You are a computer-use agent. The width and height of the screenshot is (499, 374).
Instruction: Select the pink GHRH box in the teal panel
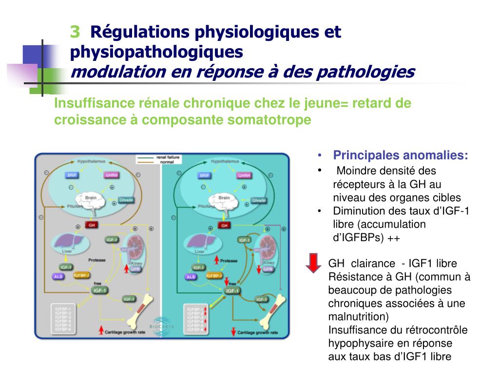(244, 175)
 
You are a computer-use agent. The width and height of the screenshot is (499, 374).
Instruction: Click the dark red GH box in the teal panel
(225, 225)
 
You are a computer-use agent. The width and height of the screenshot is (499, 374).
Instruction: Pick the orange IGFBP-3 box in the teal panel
(214, 276)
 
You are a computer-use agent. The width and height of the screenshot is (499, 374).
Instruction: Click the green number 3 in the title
(75, 32)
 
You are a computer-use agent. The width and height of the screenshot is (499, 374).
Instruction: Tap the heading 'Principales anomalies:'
(401, 155)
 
